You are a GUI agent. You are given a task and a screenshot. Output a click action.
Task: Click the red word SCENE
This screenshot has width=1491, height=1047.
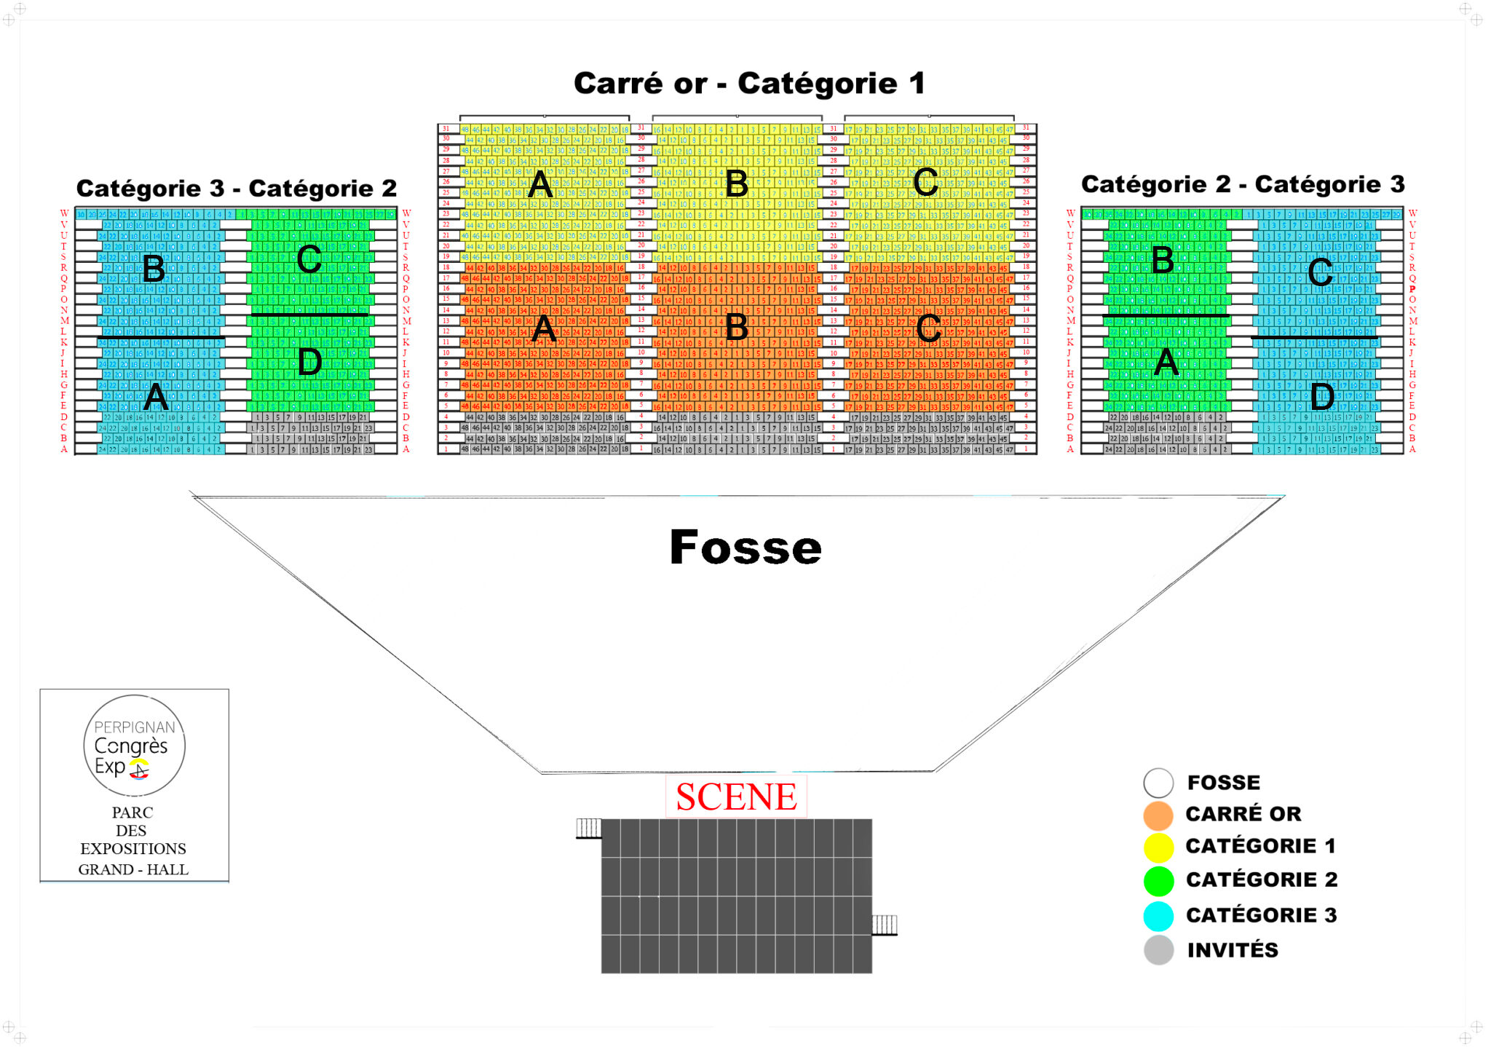pos(736,797)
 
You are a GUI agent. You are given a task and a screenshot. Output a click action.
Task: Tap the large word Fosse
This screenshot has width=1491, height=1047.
pos(745,548)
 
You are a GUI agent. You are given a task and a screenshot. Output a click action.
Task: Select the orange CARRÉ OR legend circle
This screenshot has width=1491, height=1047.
pos(1158,815)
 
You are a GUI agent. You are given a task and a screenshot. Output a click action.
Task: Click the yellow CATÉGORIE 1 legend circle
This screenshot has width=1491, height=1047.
pos(1158,848)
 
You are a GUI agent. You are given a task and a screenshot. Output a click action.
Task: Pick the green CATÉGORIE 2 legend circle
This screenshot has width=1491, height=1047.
pos(1158,881)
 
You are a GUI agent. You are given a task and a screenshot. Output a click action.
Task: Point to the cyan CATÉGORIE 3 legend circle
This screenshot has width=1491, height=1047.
pos(1158,916)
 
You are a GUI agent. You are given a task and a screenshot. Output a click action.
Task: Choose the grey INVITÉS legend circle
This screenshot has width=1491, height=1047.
pos(1158,950)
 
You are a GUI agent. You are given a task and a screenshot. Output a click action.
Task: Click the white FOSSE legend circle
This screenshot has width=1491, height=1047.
pos(1158,783)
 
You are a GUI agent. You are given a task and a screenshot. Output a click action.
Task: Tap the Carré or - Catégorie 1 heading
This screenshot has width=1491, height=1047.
pos(749,84)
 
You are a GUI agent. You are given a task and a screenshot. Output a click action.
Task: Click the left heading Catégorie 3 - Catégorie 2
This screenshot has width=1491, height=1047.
pos(237,189)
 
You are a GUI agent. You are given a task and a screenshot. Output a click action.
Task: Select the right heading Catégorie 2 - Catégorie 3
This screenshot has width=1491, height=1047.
pos(1243,184)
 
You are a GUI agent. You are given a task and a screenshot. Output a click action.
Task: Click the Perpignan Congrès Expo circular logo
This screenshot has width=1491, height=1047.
pos(134,746)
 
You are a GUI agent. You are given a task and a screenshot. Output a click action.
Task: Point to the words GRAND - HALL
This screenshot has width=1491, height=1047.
pos(133,869)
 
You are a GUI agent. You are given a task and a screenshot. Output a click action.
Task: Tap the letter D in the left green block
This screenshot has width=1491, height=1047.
pos(310,362)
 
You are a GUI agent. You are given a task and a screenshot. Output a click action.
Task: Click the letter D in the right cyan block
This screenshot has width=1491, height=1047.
pos(1322,397)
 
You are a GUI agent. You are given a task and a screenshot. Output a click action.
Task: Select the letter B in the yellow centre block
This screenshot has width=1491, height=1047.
pos(737,183)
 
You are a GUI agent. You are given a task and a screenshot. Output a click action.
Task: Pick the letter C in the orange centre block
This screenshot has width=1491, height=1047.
pos(928,328)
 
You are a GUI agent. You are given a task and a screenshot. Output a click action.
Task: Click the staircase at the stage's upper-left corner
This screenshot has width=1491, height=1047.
pos(588,828)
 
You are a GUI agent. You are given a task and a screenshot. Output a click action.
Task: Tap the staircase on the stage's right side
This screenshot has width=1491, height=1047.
pos(885,925)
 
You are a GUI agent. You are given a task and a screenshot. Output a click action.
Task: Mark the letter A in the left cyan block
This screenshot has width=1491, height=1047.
pos(156,397)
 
